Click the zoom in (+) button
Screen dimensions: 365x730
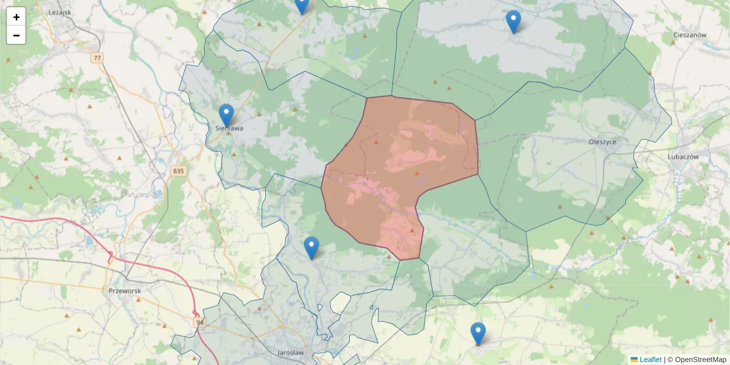click(16, 17)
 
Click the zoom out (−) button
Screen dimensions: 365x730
click(16, 35)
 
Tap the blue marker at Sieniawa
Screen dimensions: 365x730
click(226, 115)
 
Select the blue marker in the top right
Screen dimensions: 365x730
click(513, 21)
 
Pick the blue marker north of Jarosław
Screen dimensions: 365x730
click(311, 248)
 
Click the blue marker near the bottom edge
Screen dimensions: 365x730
click(478, 333)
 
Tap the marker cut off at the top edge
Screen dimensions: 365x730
click(302, 5)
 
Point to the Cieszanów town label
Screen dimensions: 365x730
click(689, 35)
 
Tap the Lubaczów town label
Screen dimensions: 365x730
click(683, 156)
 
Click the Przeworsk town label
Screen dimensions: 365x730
click(125, 291)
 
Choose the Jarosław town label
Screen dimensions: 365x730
click(290, 353)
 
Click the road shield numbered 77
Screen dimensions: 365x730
click(97, 58)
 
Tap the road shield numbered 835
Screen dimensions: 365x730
click(178, 171)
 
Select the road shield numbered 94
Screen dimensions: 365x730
click(199, 322)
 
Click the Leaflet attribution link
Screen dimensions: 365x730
click(650, 360)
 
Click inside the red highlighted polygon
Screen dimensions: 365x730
click(395, 176)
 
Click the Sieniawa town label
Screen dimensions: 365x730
click(230, 128)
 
